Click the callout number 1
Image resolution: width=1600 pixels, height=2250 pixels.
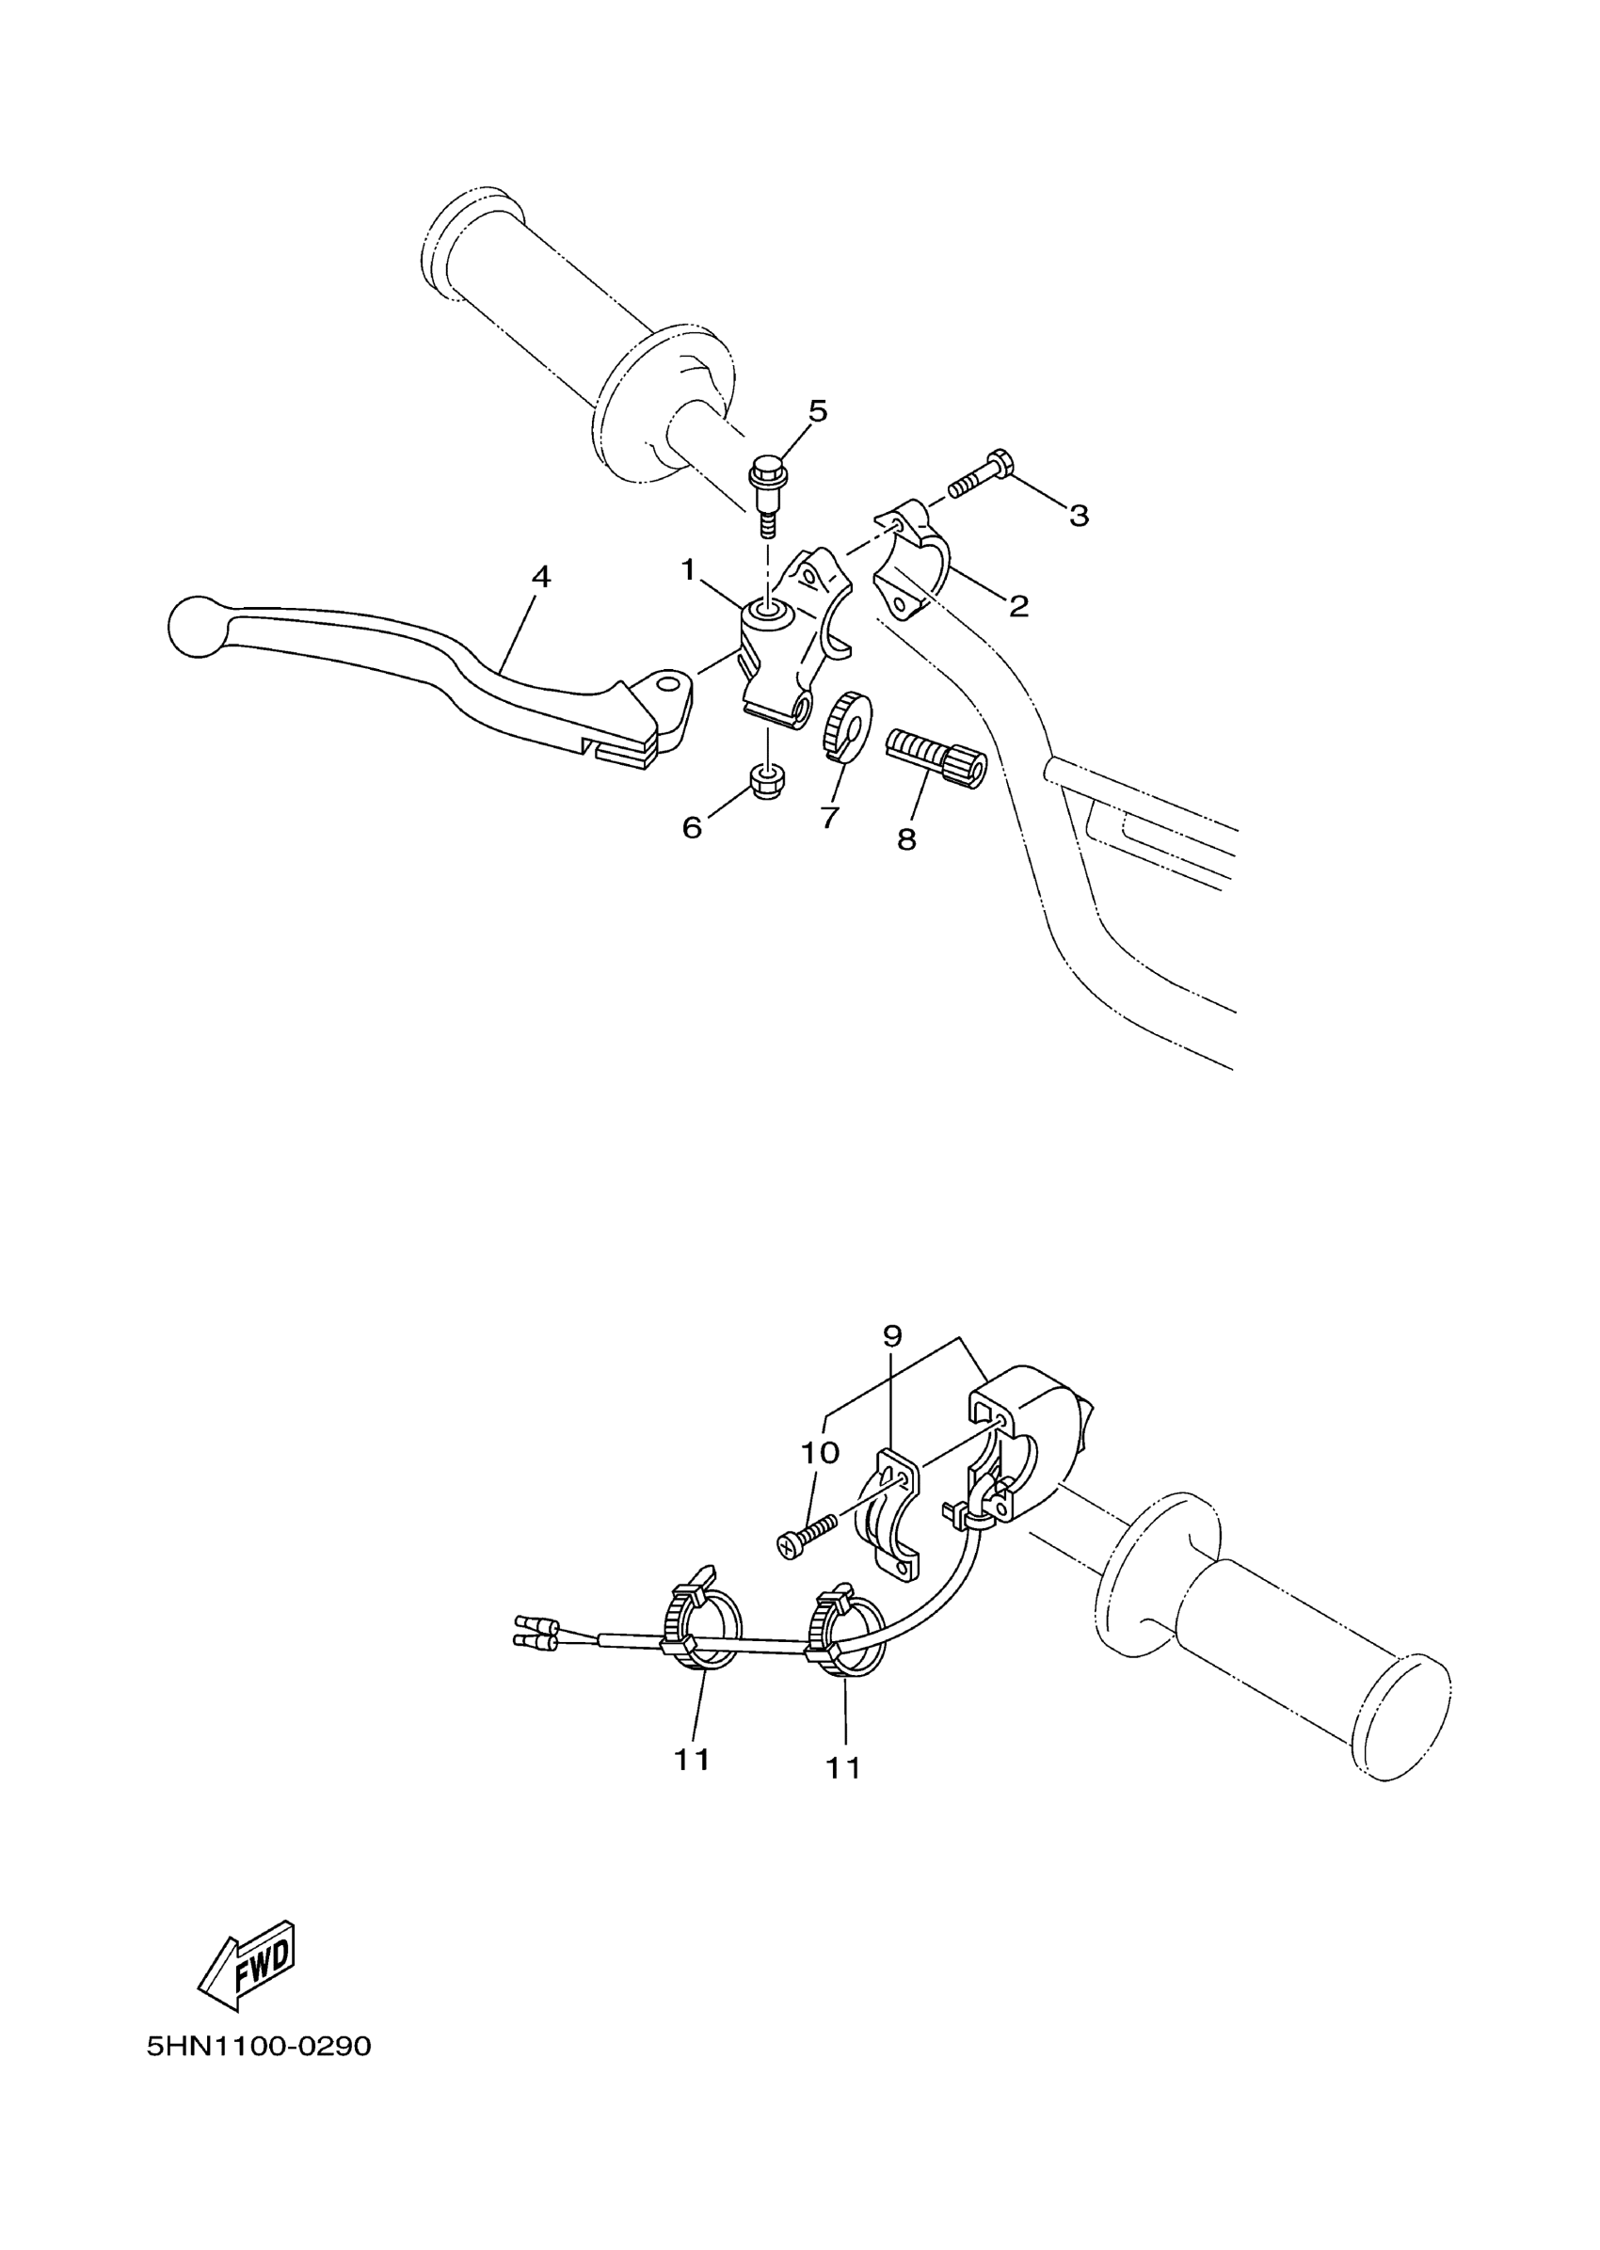point(689,569)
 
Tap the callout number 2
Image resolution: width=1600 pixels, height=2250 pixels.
point(1018,606)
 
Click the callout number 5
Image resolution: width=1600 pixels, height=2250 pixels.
point(818,411)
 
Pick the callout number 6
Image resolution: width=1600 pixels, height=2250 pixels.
point(692,827)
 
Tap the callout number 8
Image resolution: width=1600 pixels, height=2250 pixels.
point(906,838)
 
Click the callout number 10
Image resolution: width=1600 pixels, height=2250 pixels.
point(820,1452)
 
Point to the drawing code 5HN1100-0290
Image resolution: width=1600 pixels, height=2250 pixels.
point(259,2046)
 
